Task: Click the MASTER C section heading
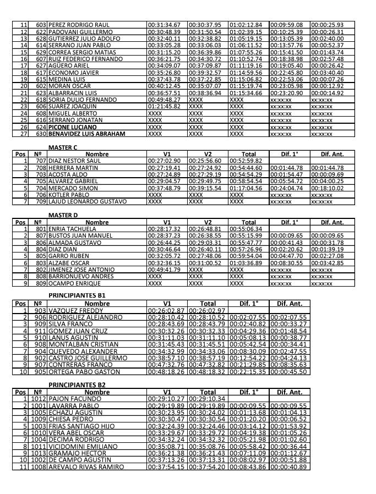click(63, 147)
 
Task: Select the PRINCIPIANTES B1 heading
click(77, 295)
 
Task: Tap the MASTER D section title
click(63, 215)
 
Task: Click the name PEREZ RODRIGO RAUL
click(79, 25)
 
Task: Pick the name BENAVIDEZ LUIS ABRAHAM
click(87, 134)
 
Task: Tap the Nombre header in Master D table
click(97, 222)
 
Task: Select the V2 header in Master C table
click(208, 154)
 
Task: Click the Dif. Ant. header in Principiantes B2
click(289, 392)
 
